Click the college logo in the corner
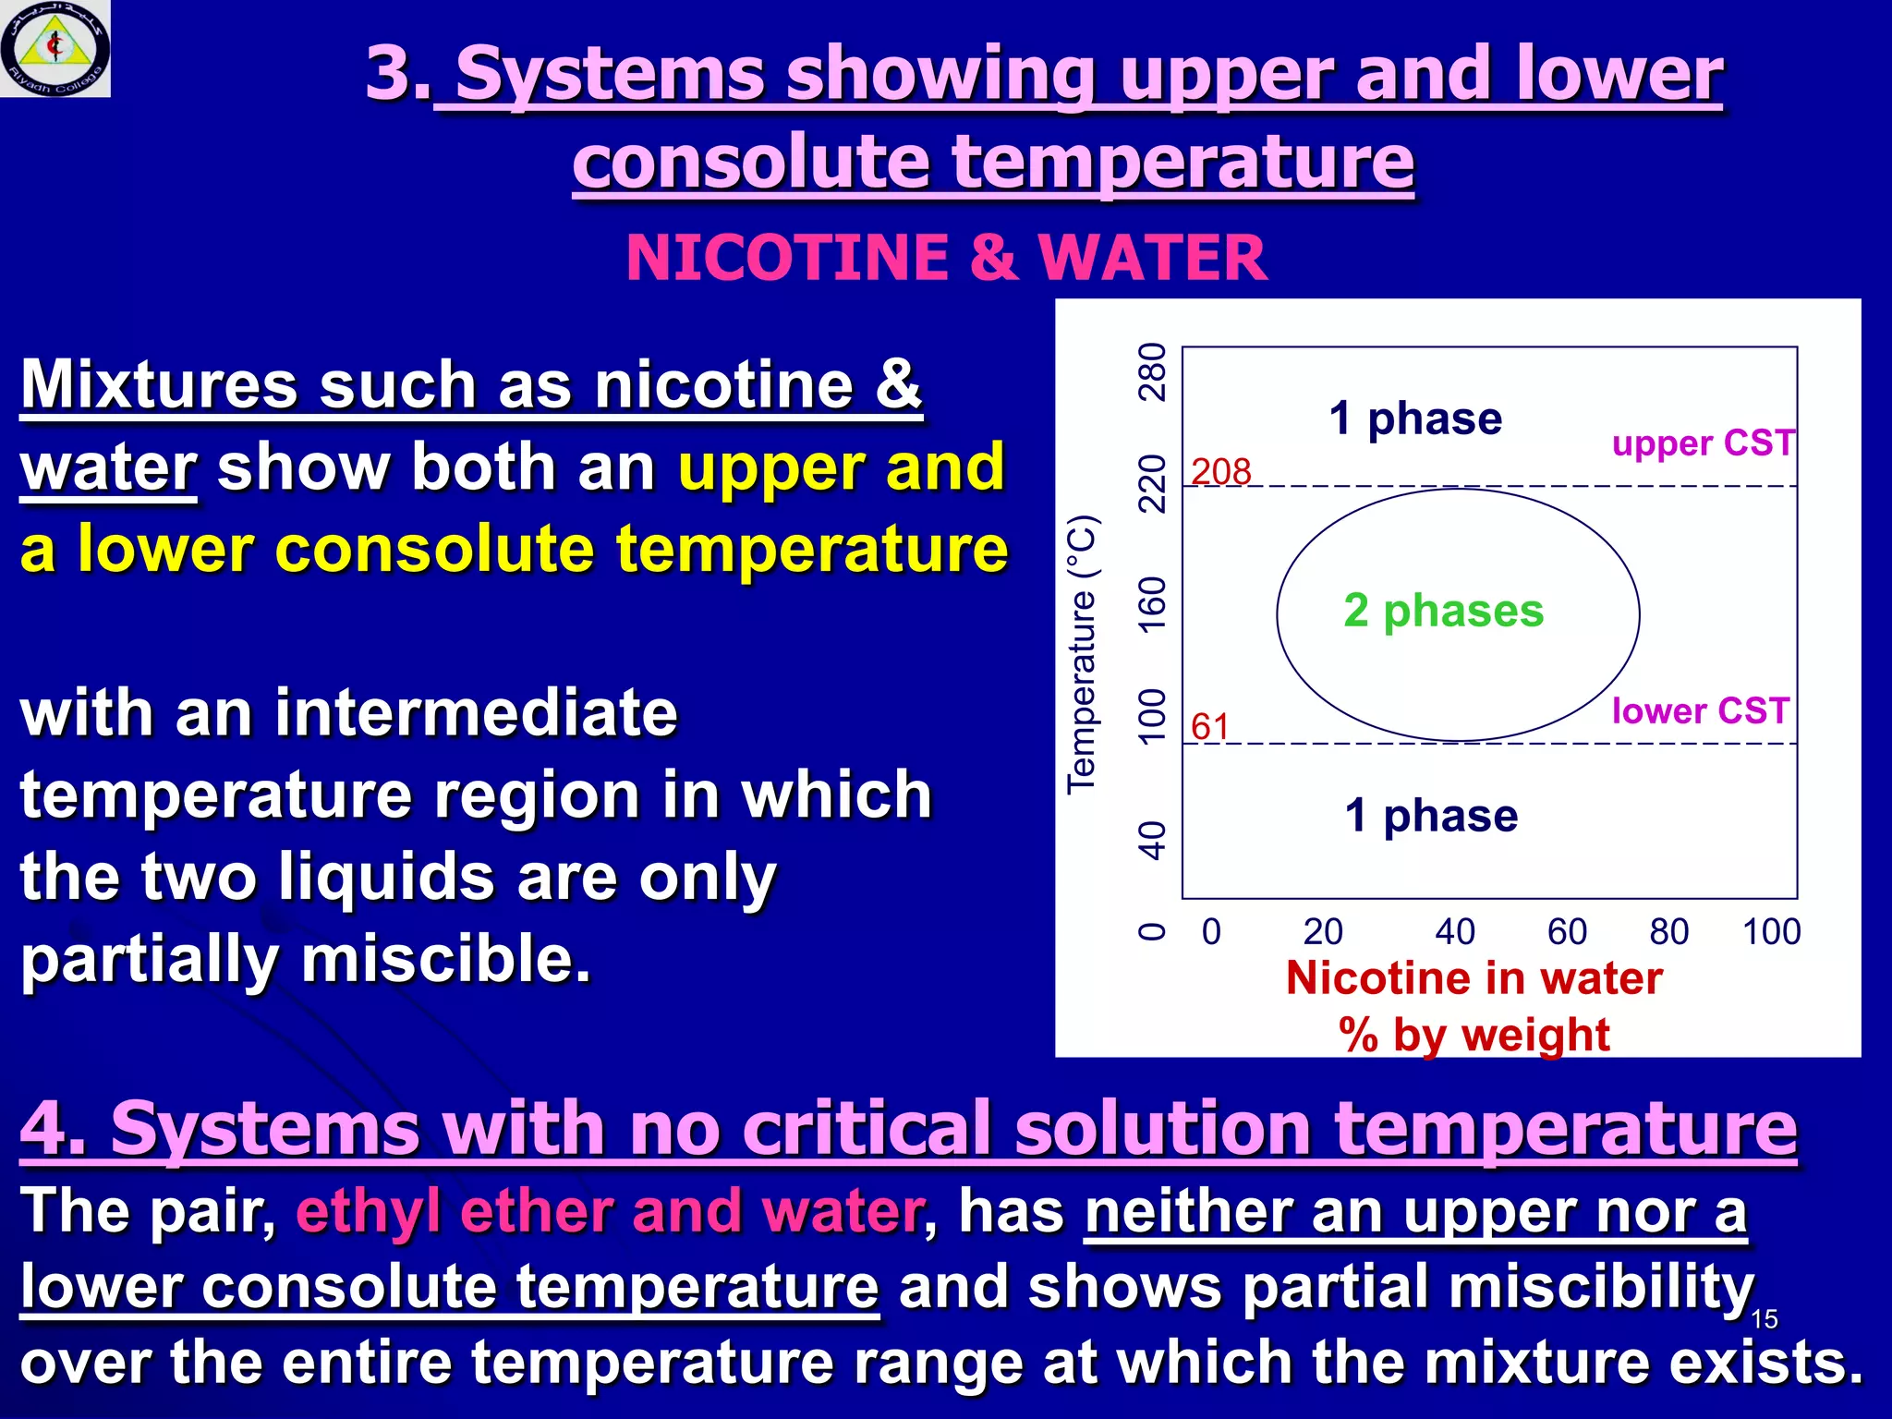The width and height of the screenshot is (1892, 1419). [55, 48]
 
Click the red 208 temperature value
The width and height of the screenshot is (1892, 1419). [1220, 472]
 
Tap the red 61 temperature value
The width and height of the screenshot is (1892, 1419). [1209, 727]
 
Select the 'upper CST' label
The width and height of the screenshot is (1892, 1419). [1703, 444]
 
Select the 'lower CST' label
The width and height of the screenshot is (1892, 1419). [1701, 711]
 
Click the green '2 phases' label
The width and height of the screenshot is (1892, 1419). [1443, 611]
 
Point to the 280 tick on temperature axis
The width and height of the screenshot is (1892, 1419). [1152, 371]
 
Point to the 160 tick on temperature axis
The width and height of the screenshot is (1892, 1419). [1152, 605]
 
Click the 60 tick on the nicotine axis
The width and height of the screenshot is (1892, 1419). [1567, 931]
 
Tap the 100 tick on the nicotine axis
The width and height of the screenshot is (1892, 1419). [1771, 931]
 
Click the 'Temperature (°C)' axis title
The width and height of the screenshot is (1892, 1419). [1082, 654]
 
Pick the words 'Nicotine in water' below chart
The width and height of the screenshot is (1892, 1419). [1474, 978]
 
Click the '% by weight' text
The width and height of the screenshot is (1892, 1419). [1474, 1035]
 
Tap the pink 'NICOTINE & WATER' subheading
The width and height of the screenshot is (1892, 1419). [946, 257]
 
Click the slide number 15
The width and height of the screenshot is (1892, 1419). [1764, 1319]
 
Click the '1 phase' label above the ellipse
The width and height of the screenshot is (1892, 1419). [1415, 418]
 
